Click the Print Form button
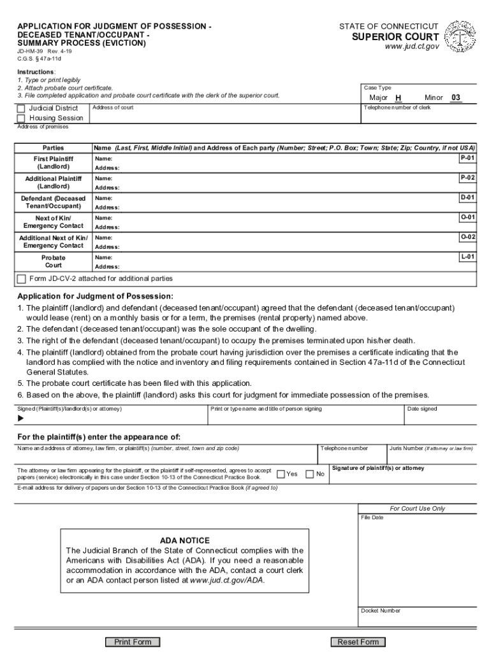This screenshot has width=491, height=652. point(133,642)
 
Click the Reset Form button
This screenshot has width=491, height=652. point(358,642)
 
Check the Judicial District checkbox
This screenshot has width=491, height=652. point(21,108)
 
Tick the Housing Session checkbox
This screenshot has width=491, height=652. point(21,118)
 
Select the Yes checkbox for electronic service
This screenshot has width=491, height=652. point(281,474)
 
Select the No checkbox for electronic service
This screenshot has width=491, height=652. point(310,474)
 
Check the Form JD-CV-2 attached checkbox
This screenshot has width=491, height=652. point(22,279)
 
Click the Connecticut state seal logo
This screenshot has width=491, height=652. point(458,38)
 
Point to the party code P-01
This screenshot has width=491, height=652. point(467,157)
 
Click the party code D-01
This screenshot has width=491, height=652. point(467,197)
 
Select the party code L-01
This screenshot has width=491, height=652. point(467,257)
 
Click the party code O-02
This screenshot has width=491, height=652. point(467,237)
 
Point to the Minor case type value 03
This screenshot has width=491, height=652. point(455,98)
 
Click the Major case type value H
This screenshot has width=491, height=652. point(398,98)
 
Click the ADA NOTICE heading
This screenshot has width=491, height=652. point(184,540)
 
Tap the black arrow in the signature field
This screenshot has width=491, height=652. point(20,418)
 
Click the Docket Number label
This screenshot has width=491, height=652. point(380,611)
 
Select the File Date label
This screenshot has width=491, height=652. point(372,517)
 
